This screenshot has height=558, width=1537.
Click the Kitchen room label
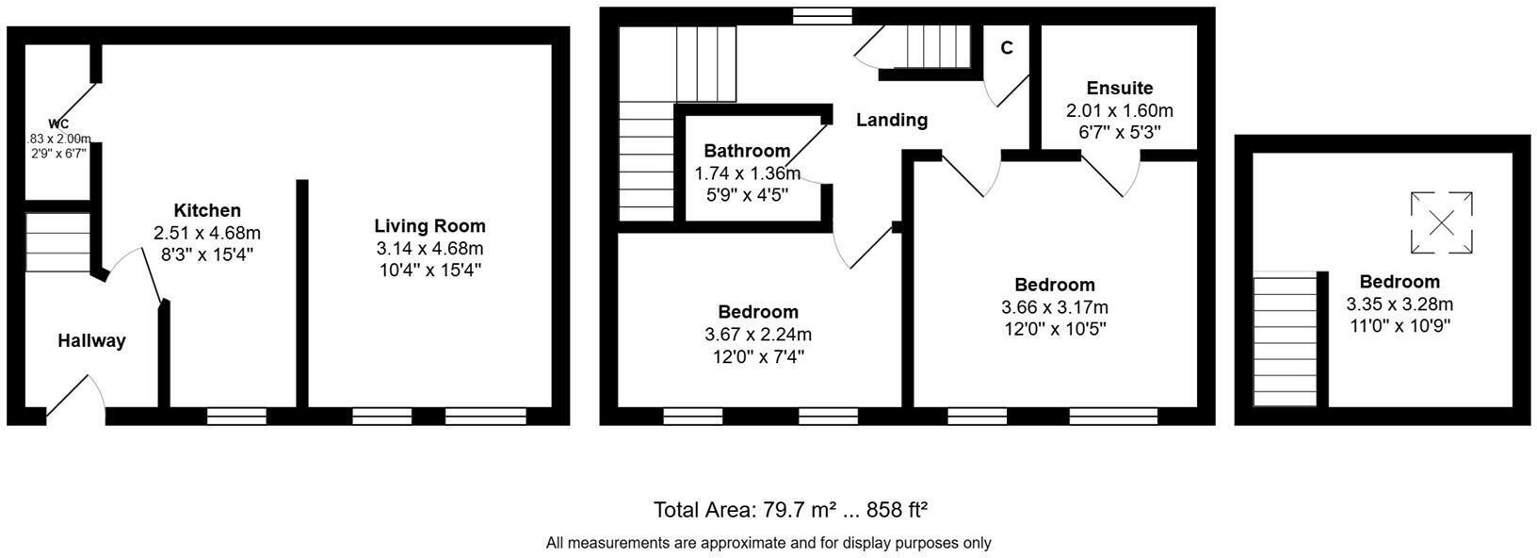207,210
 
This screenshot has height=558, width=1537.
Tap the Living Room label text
429,226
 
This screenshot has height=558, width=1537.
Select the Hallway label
91,341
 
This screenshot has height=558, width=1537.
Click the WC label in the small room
58,124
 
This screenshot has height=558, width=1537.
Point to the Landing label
891,120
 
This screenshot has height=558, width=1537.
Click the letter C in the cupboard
1007,48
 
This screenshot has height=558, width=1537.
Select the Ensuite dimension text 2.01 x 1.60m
1119,111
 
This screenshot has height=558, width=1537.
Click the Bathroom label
747,151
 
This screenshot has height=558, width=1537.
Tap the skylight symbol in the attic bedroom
1441,222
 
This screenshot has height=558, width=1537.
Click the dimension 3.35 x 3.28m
1399,304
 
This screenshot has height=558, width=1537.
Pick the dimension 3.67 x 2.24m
757,335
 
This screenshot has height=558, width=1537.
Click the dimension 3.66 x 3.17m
1054,307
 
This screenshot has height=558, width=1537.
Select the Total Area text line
791,510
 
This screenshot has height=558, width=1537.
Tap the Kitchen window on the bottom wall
236,416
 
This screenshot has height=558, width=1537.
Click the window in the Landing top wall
821,15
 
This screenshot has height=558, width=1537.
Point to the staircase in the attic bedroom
1285,339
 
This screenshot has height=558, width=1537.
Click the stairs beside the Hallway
57,242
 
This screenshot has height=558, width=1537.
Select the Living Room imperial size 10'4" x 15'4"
429,271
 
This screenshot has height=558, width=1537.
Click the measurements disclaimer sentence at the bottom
768,543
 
